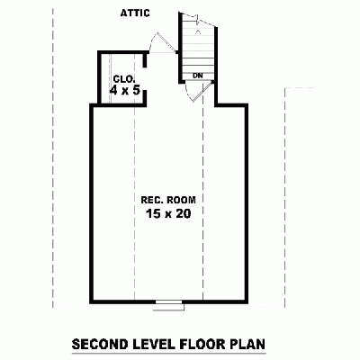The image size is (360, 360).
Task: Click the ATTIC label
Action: coord(135,13)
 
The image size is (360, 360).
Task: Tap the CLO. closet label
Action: coord(122,78)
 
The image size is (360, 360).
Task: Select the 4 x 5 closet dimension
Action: coord(123,90)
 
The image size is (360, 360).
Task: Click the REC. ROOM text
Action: coord(168,199)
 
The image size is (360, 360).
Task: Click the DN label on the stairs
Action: coord(197,75)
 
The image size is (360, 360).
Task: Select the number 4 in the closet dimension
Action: coord(113,90)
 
